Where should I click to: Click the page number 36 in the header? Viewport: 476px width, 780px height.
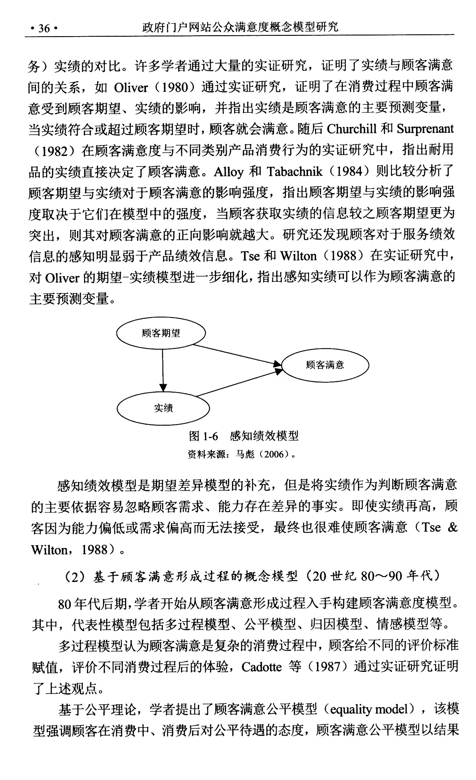44,29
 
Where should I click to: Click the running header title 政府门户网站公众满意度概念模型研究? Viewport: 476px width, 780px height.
240,27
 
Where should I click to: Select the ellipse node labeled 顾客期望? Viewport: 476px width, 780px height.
161,333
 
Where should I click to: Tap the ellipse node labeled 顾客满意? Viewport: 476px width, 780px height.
325,365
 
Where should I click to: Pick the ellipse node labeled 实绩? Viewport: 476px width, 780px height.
163,408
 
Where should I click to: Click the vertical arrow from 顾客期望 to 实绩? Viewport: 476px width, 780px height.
163,369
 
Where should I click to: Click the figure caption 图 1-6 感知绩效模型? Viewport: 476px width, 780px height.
243,436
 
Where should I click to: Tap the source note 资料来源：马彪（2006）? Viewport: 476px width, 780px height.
241,454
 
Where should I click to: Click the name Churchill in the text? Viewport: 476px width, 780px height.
352,129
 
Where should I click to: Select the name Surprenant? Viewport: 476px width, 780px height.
425,129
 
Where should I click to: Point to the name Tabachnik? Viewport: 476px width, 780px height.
294,171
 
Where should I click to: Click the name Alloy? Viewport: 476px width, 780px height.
228,171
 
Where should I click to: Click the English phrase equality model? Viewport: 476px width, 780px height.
372,709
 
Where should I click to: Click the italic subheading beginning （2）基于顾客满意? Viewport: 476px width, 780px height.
251,576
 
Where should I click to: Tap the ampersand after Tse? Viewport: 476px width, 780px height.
452,528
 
